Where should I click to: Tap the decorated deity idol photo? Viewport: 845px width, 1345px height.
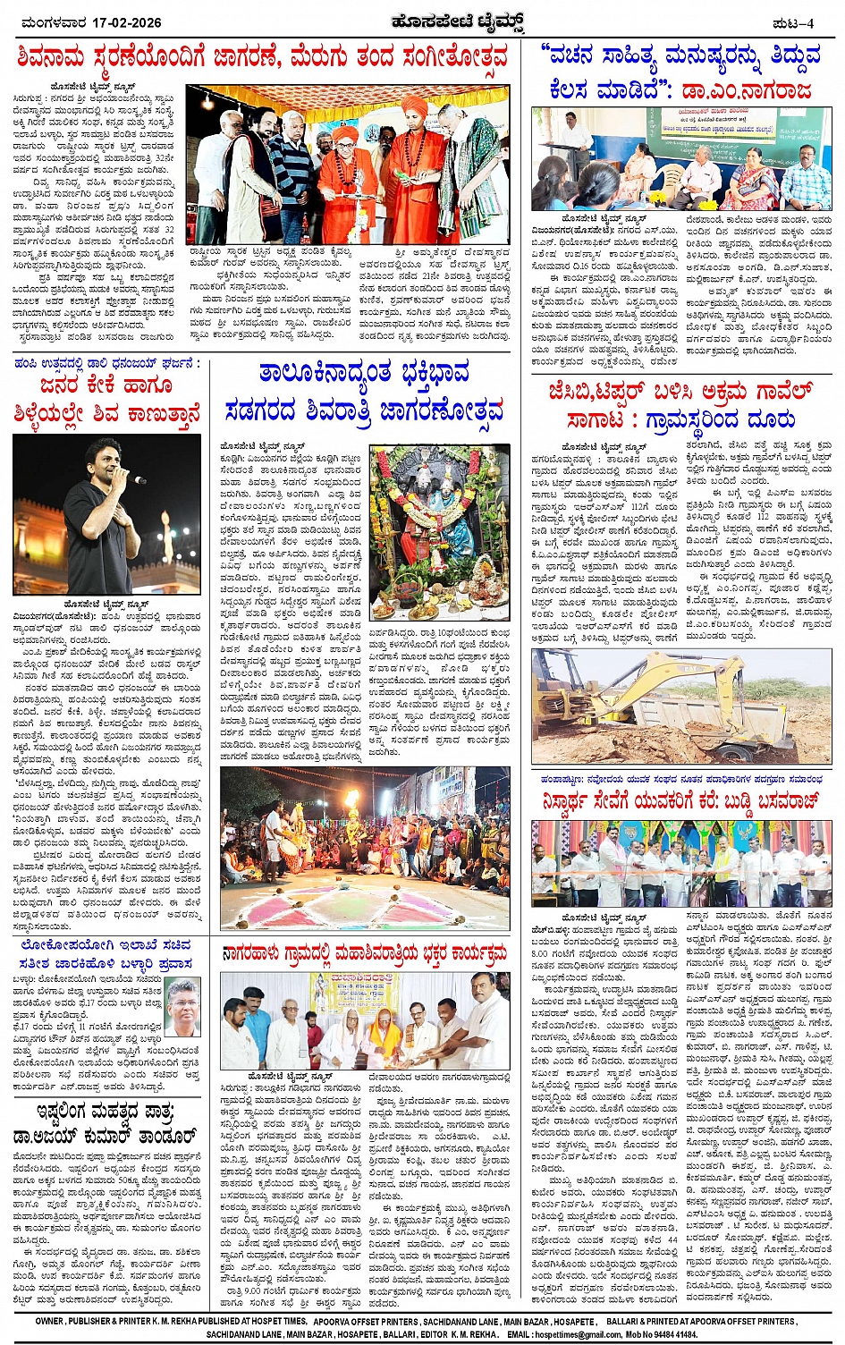[439, 527]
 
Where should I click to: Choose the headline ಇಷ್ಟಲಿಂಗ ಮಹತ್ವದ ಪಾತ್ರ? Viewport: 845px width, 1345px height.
[106, 1124]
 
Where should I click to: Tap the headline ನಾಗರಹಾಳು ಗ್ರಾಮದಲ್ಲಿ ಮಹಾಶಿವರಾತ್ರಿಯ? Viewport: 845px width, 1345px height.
[365, 954]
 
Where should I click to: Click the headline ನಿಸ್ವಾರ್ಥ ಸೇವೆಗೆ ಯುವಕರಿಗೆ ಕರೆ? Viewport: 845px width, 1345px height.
[680, 800]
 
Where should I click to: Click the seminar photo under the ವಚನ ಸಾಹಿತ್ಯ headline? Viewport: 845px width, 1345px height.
[680, 158]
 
